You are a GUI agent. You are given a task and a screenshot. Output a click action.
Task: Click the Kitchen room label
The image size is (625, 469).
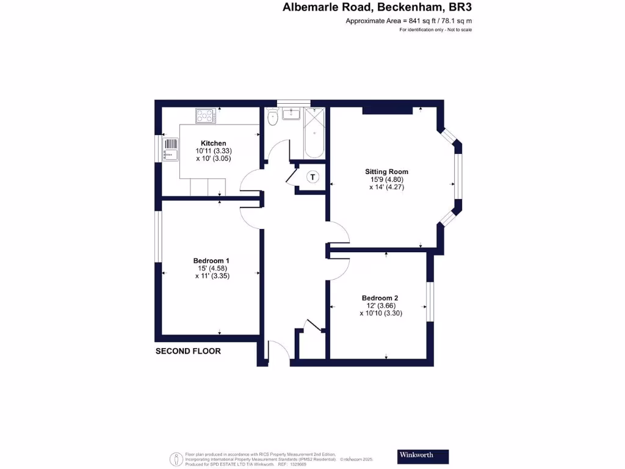[x=214, y=144]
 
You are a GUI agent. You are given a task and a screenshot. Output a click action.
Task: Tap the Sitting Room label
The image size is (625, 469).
[x=386, y=172]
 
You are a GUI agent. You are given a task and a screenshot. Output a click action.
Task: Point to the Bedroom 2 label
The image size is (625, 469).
[x=383, y=298]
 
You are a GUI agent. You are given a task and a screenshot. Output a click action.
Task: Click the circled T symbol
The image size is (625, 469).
[x=313, y=177]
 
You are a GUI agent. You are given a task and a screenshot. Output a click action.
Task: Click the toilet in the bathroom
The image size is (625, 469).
[x=272, y=118]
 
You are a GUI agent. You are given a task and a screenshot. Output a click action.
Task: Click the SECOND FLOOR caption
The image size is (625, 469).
[x=188, y=351]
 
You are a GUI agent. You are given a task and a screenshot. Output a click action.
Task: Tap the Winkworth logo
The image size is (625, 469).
[x=422, y=456]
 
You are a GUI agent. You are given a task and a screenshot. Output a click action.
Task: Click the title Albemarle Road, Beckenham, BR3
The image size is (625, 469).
[x=377, y=8]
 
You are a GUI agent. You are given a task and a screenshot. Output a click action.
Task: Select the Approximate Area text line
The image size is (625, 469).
[x=408, y=21]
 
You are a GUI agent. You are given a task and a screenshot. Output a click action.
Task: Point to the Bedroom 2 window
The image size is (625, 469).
[x=430, y=300]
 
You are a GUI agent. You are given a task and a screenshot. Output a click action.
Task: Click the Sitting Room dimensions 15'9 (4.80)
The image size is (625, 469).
[x=386, y=180]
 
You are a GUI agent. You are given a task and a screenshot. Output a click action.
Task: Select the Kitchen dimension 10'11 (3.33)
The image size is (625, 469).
[x=214, y=151]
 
